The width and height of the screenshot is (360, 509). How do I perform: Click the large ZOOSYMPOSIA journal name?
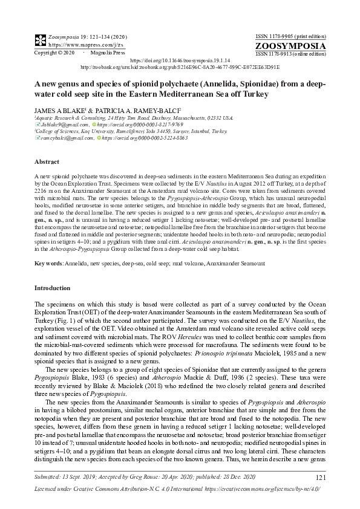(292, 45)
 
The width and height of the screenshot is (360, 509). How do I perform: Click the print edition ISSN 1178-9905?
(292, 34)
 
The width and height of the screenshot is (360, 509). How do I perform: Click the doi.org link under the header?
(180, 62)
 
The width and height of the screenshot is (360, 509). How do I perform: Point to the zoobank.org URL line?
(180, 68)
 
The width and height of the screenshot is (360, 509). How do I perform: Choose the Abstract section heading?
(47, 162)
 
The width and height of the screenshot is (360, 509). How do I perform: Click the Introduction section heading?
(53, 288)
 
